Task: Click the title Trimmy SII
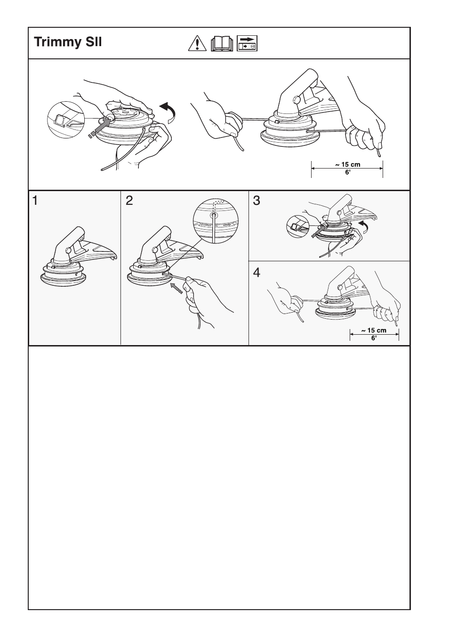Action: tap(68, 42)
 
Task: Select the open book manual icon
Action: tap(222, 43)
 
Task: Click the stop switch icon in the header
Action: tap(247, 43)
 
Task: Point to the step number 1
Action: tap(36, 201)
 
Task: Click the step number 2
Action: tap(129, 201)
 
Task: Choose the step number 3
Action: tap(257, 201)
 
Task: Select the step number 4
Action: tap(257, 273)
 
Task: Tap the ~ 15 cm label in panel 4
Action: tap(374, 330)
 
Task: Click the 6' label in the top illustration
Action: tap(347, 172)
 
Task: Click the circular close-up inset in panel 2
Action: tap(216, 220)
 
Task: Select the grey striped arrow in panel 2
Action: tap(175, 287)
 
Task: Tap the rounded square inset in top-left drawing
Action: tap(65, 120)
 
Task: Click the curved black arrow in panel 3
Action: tap(363, 226)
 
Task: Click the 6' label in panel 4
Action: tap(374, 338)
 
